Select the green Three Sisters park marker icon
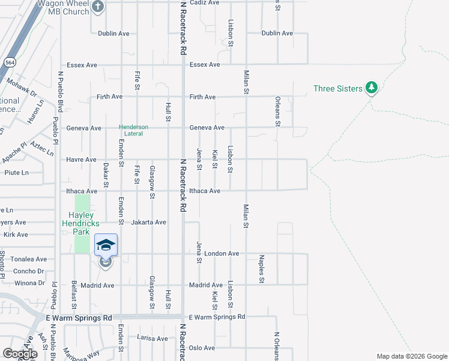coord(372,88)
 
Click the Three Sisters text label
coord(337,88)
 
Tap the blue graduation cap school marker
coord(106,245)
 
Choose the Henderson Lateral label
coord(133,131)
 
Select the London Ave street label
coord(221,253)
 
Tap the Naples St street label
coord(262,268)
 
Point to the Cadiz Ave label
coord(204,2)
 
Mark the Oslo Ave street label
coord(202,348)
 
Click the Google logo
coord(19,354)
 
